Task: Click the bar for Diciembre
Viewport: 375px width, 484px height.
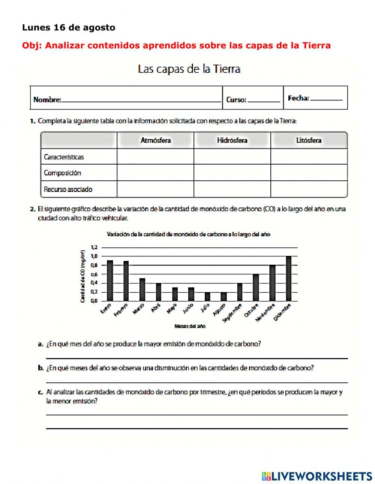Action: (x=288, y=279)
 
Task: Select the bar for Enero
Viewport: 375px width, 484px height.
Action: (x=110, y=280)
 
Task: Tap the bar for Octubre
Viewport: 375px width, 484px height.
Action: (x=256, y=288)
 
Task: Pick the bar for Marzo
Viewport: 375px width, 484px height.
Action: (x=142, y=289)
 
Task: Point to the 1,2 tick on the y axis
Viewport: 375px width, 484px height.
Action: (x=94, y=247)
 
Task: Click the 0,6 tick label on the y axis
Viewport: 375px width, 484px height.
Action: (x=94, y=274)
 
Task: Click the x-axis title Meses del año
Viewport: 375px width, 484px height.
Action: (x=190, y=326)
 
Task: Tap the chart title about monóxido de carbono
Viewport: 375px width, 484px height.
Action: (x=189, y=234)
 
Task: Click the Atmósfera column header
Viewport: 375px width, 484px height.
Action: (x=156, y=141)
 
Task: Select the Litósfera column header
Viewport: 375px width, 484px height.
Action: (x=309, y=141)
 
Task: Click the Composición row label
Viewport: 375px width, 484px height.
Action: (x=62, y=173)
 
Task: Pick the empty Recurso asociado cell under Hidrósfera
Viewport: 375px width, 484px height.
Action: (x=232, y=189)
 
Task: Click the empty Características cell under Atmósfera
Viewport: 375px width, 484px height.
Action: (x=156, y=157)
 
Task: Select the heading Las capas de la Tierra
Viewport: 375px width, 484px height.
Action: (x=189, y=69)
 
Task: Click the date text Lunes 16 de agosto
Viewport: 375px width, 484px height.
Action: (x=69, y=28)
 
